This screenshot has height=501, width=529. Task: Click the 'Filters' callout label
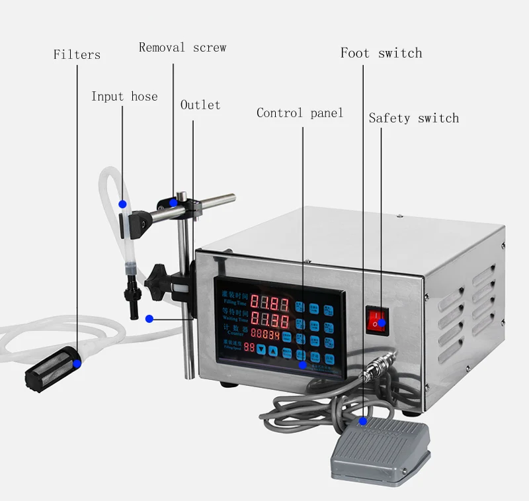pyautogui.click(x=77, y=55)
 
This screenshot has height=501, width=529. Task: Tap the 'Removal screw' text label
pyautogui.click(x=183, y=48)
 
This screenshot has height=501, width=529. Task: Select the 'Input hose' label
pyautogui.click(x=124, y=97)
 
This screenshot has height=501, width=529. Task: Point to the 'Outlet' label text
pyautogui.click(x=200, y=105)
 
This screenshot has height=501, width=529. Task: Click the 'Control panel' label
pyautogui.click(x=300, y=113)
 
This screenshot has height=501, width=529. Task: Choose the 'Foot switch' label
pyautogui.click(x=381, y=53)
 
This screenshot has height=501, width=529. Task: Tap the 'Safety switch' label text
pyautogui.click(x=413, y=118)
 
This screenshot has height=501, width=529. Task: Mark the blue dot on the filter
pyautogui.click(x=77, y=363)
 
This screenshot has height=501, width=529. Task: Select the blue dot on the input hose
pyautogui.click(x=122, y=203)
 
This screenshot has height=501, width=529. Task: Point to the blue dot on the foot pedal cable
pyautogui.click(x=362, y=420)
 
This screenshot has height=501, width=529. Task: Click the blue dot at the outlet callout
pyautogui.click(x=149, y=318)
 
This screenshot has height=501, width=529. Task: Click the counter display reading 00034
pyautogui.click(x=265, y=336)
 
